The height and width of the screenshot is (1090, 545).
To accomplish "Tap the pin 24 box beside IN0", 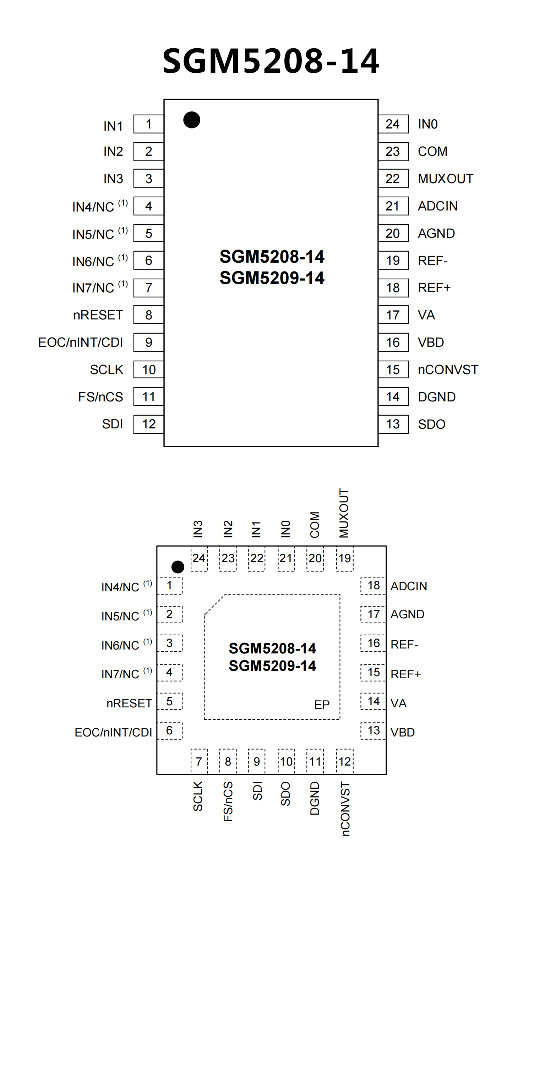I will tap(393, 124).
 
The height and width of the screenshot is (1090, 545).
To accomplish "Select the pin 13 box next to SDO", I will tap(393, 424).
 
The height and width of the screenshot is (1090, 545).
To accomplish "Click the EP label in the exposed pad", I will tap(322, 705).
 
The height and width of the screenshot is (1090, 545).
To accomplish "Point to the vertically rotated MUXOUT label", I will tap(344, 513).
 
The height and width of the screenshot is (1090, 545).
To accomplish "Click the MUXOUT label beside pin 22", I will tap(445, 179).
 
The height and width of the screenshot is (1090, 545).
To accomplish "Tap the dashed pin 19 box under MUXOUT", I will tap(344, 559).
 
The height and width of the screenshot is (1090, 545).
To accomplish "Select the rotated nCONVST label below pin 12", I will tap(345, 809).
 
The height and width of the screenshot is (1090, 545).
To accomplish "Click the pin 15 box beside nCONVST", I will tap(393, 369).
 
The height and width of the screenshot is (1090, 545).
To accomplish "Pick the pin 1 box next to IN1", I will tap(148, 124).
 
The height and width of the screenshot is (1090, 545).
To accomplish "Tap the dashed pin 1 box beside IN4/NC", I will tap(169, 586).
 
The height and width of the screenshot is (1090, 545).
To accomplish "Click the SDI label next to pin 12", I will tap(113, 424).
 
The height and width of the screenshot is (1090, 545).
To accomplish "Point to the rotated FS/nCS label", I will tap(228, 801).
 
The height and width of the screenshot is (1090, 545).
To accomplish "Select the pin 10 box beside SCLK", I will tap(148, 369).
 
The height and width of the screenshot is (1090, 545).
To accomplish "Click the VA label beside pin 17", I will tap(426, 315).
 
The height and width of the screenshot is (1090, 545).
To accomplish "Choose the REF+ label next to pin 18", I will tap(434, 288).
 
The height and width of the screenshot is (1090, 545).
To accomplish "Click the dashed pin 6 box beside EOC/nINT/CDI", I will tap(169, 731).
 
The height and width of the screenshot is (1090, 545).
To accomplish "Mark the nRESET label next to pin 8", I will tap(98, 315).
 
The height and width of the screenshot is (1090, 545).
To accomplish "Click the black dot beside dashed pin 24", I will tap(178, 566).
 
